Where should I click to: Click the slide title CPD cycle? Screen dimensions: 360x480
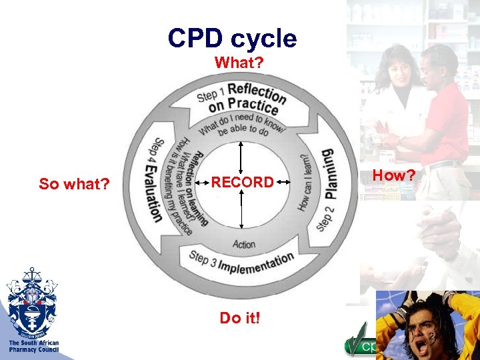click(232, 38)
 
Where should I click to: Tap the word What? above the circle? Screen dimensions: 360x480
click(239, 62)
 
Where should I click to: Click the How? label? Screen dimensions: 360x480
click(393, 175)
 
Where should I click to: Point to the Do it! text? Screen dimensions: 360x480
click(240, 318)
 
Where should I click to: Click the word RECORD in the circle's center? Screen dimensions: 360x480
click(242, 182)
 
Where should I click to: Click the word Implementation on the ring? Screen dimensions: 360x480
click(256, 263)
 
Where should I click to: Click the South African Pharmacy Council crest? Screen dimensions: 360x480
click(31, 301)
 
